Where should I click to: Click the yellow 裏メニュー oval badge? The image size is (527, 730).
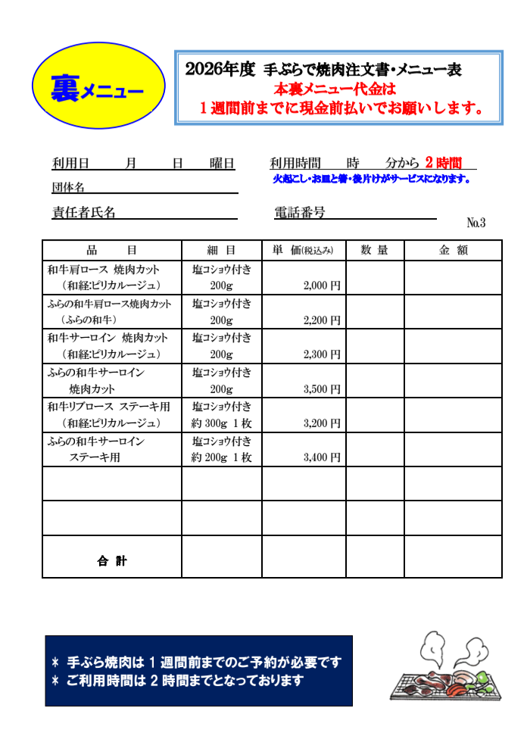[x=98, y=85]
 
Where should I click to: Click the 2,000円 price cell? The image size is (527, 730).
[x=321, y=285]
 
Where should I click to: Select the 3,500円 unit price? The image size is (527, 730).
[x=321, y=389]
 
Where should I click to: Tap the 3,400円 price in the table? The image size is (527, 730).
[x=321, y=457]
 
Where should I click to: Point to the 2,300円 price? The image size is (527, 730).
[x=321, y=354]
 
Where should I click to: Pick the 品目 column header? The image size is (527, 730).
[x=111, y=251]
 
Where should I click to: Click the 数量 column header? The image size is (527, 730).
[x=374, y=251]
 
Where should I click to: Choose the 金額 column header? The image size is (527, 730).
[x=453, y=251]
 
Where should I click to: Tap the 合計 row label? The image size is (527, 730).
[x=111, y=561]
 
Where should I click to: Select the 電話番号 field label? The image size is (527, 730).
[x=300, y=213]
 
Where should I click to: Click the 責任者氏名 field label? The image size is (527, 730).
[x=83, y=213]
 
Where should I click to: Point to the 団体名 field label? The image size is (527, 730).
[x=68, y=187]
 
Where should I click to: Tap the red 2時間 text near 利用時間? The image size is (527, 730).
[x=443, y=163]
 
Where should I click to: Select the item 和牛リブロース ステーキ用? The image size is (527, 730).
[x=109, y=407]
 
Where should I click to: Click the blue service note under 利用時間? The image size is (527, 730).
[x=371, y=179]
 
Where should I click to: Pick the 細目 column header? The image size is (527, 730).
[x=221, y=251]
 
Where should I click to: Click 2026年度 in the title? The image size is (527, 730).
[x=220, y=70]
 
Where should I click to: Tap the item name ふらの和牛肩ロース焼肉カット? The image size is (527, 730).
[x=109, y=304]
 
